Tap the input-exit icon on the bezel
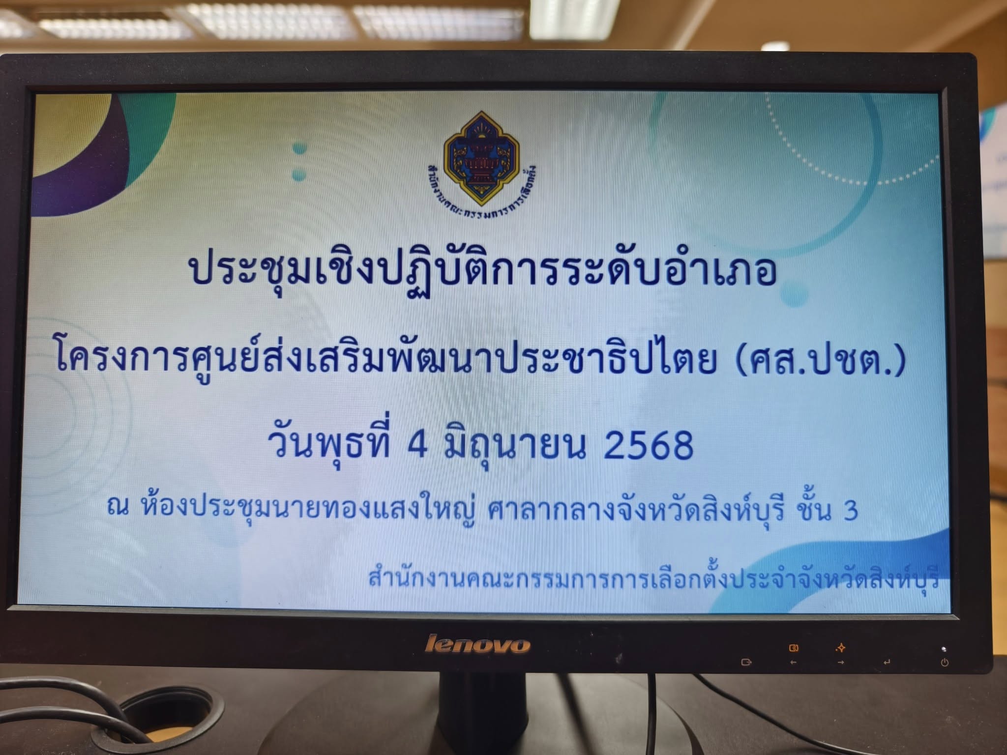click(x=746, y=662)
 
